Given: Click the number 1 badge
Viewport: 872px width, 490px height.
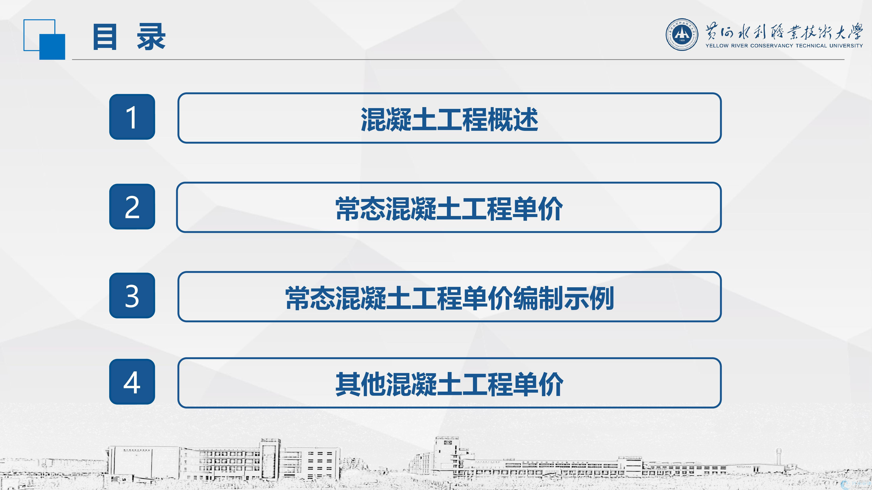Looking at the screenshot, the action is pos(132,117).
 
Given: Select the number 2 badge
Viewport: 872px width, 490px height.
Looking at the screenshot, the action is pos(132,207).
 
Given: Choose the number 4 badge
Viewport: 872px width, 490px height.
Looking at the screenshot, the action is pos(132,382).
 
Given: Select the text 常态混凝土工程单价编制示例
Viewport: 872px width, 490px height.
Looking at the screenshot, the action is pos(449,298).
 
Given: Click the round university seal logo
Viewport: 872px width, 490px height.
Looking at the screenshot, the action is pos(682,34).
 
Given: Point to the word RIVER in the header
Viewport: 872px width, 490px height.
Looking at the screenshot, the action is pos(739,46).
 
